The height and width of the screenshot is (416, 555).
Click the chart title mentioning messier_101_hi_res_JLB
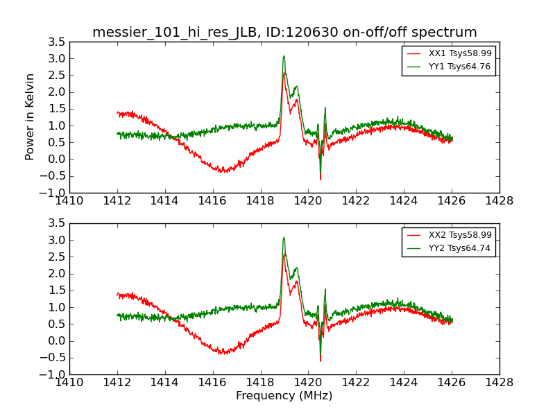(284, 33)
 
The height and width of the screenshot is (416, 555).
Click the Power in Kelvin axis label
(31, 116)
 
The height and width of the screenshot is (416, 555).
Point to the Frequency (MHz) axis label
(284, 396)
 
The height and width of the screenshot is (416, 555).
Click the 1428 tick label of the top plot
(499, 201)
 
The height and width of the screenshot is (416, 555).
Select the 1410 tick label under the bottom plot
(69, 383)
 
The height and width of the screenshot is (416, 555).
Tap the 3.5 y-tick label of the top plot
(57, 42)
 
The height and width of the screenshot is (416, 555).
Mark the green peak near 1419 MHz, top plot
(284, 56)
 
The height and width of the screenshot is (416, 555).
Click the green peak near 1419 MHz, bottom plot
(284, 238)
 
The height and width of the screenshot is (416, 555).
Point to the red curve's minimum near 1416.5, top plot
(223, 171)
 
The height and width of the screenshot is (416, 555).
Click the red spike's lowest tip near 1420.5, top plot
(320, 180)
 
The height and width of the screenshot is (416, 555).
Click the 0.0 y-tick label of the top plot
(57, 159)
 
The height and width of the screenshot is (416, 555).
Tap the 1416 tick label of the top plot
(212, 201)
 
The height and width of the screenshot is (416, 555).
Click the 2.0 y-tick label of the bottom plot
(57, 274)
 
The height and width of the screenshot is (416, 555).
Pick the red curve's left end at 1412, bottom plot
(117, 295)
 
